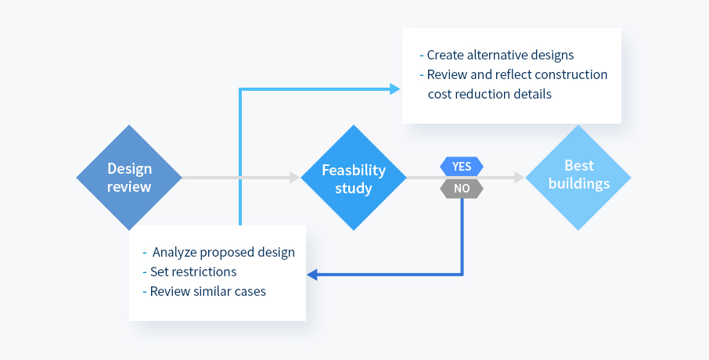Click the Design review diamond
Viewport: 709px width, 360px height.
pos(129,178)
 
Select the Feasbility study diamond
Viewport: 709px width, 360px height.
pos(354,178)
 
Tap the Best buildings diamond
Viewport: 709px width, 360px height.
pos(578,178)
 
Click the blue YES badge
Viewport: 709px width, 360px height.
pos(462,167)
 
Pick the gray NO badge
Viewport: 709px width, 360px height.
pos(462,188)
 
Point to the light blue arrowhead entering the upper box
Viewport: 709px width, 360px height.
pos(395,89)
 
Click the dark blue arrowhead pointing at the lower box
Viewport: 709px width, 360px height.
pos(312,274)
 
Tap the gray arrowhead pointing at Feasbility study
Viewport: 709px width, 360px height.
pos(295,178)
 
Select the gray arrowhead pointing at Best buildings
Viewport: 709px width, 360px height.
pos(520,178)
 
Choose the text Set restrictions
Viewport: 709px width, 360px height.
pos(193,272)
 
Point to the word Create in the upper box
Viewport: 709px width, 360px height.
pos(445,56)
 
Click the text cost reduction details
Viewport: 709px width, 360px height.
pos(490,94)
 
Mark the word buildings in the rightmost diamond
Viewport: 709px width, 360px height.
pos(579,184)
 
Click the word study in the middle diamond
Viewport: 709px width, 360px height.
pos(354,188)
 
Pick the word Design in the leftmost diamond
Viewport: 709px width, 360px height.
pos(129,169)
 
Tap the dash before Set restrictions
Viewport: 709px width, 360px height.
pos(145,272)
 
